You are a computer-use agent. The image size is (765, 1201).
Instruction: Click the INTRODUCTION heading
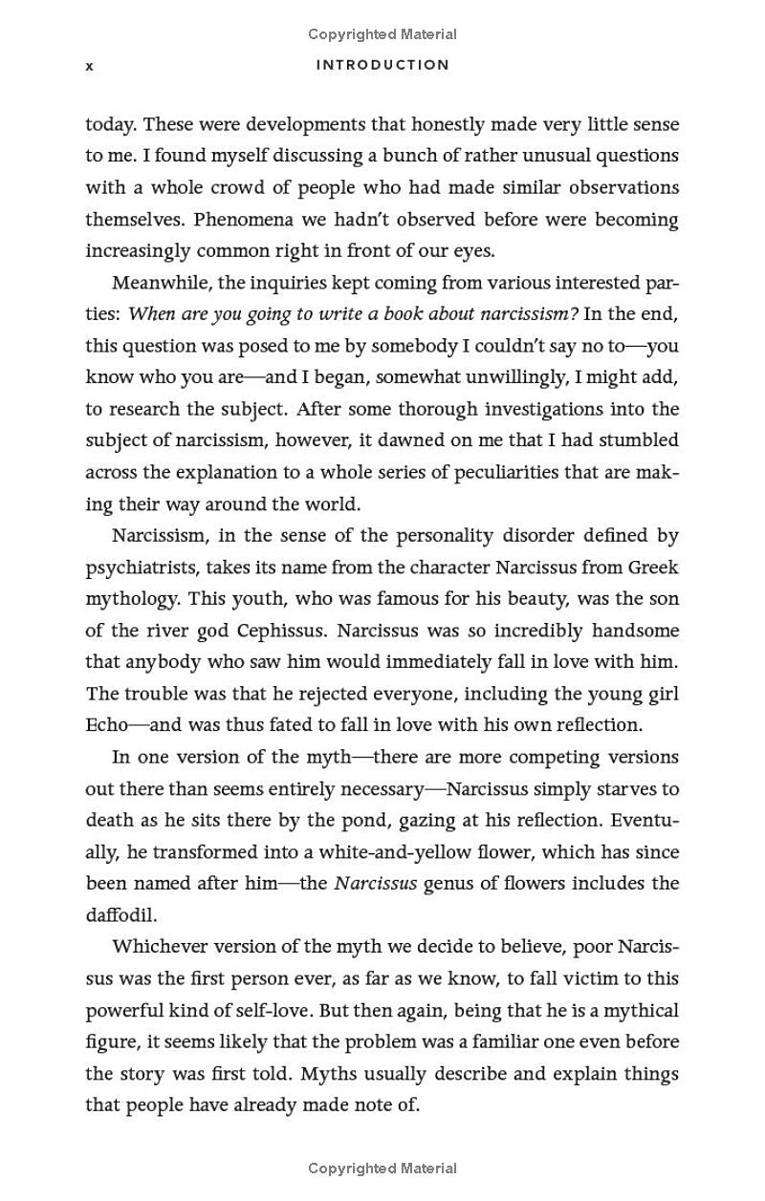click(382, 65)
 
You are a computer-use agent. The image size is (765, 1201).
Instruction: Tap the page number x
click(90, 66)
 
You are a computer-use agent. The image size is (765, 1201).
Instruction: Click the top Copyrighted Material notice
click(382, 34)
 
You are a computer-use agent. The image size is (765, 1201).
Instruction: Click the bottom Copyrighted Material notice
click(382, 1168)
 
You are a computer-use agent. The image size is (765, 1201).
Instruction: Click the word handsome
click(635, 631)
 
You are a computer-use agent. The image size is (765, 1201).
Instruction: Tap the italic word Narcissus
click(375, 883)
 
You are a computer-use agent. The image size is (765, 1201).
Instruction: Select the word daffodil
click(120, 915)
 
